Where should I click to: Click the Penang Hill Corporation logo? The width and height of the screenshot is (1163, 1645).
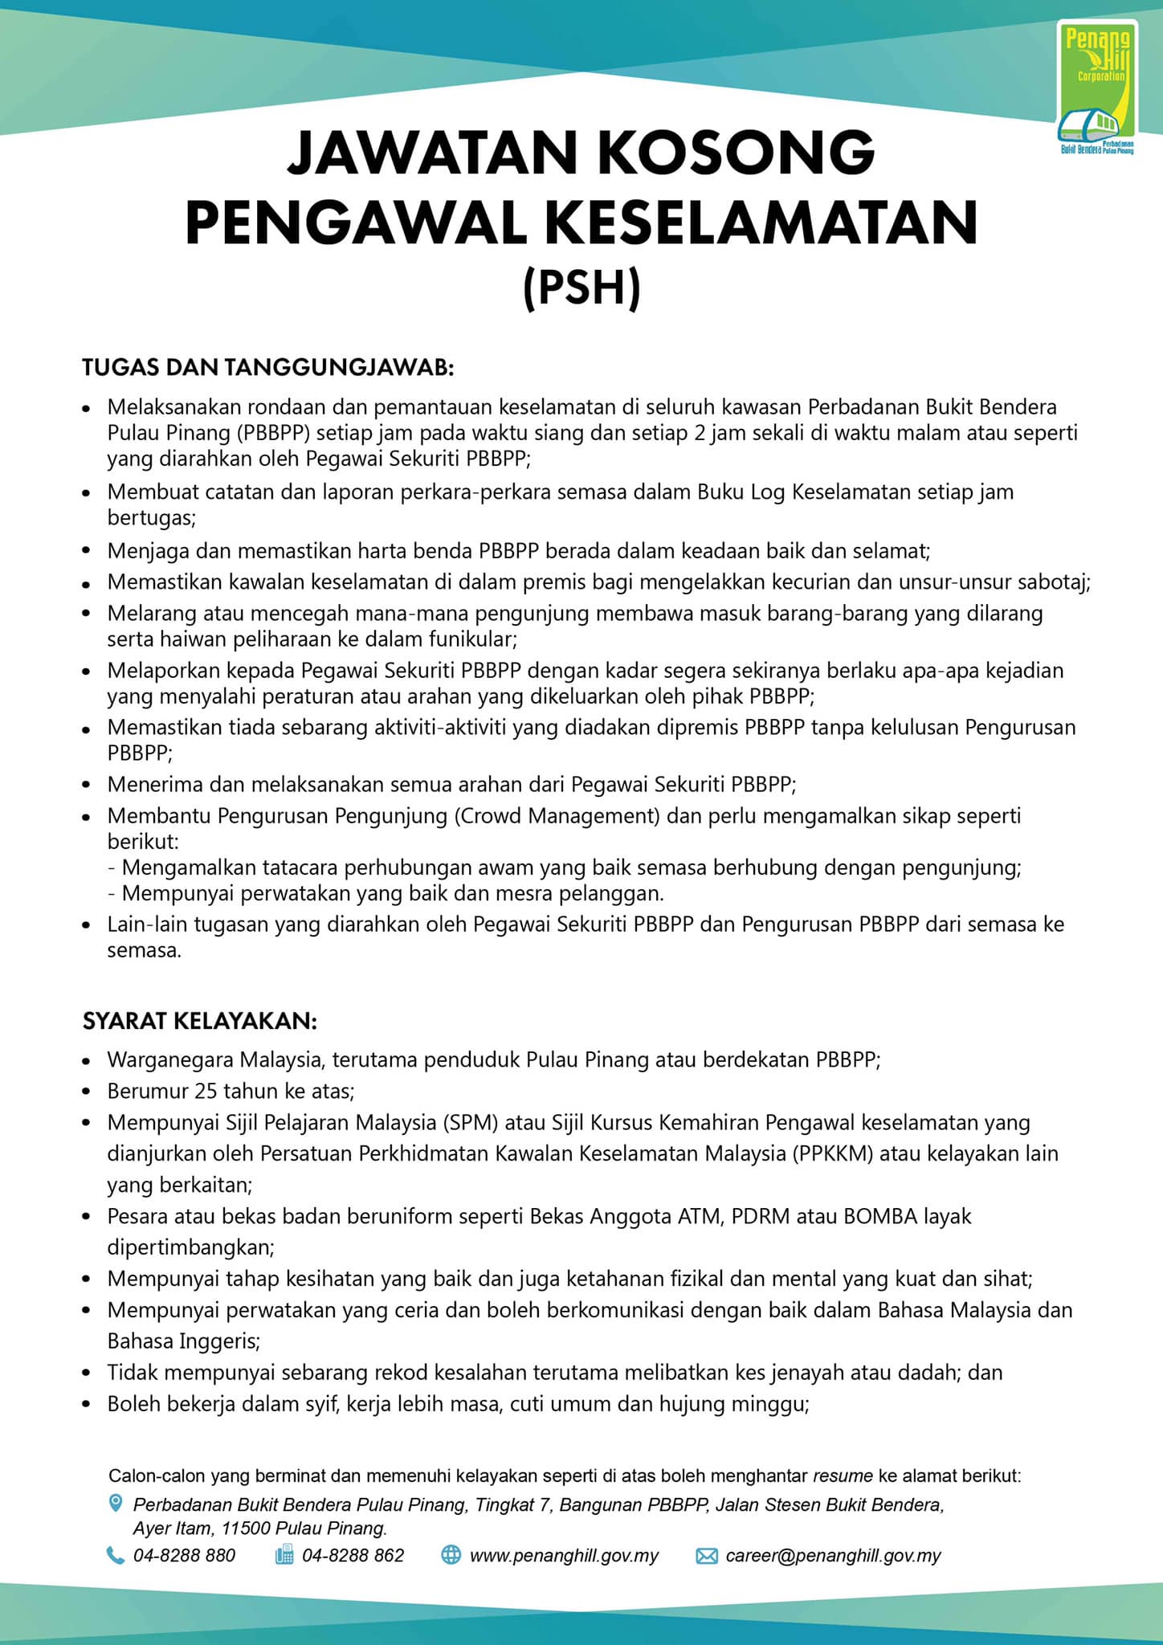click(1097, 88)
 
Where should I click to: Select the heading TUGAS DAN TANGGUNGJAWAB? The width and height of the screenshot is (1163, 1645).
click(268, 368)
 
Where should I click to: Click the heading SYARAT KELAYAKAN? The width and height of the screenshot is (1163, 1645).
click(200, 1021)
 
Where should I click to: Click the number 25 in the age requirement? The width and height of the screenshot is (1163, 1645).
click(206, 1091)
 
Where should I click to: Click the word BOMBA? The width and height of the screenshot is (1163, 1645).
click(879, 1216)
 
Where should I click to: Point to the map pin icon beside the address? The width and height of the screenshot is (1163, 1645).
click(116, 1503)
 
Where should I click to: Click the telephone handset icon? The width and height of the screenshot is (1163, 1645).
click(115, 1556)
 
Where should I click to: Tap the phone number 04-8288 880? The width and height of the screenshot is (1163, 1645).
click(185, 1556)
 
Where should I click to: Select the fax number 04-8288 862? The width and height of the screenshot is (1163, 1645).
click(353, 1556)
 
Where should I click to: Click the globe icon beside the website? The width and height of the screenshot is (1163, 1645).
click(451, 1556)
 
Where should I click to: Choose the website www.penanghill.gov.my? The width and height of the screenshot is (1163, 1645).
click(564, 1556)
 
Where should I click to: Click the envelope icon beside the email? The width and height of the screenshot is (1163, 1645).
click(706, 1556)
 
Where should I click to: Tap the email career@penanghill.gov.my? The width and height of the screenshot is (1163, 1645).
click(833, 1556)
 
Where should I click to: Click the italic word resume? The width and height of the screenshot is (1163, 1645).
click(843, 1476)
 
